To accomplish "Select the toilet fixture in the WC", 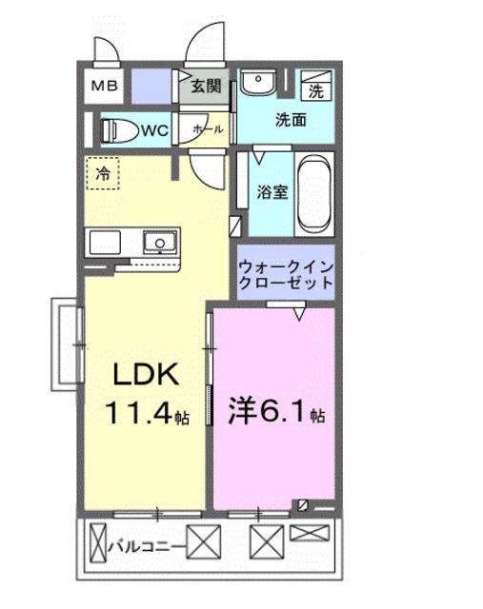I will [x=120, y=129].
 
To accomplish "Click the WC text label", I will [x=155, y=130].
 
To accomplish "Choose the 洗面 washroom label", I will [x=292, y=121].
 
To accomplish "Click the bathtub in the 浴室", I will [x=312, y=192].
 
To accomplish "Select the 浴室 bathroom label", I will [x=271, y=190].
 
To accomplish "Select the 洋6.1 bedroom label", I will [x=274, y=416].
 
